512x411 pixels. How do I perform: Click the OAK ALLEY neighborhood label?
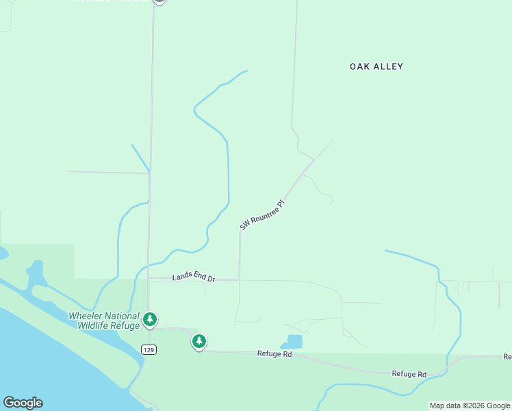tap(376, 66)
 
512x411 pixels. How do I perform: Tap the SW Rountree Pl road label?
tap(261, 215)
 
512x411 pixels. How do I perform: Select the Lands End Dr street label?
tap(194, 277)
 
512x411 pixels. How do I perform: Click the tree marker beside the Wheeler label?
tap(150, 319)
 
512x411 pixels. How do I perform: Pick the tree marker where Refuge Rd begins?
tap(199, 341)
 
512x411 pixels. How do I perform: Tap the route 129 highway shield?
tap(149, 349)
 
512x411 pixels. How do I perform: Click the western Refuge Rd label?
tap(274, 354)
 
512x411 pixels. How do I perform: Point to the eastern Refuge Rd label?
tap(409, 374)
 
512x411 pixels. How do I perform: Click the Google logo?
tap(23, 403)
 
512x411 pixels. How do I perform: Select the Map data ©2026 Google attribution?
tap(470, 406)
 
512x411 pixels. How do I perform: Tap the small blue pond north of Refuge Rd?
tap(294, 341)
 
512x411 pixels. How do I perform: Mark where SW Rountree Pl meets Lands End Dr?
tap(239, 279)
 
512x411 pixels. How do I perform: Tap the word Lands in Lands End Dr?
tap(183, 276)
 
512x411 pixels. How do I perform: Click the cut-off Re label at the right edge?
tap(507, 357)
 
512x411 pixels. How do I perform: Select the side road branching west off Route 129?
tap(108, 172)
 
